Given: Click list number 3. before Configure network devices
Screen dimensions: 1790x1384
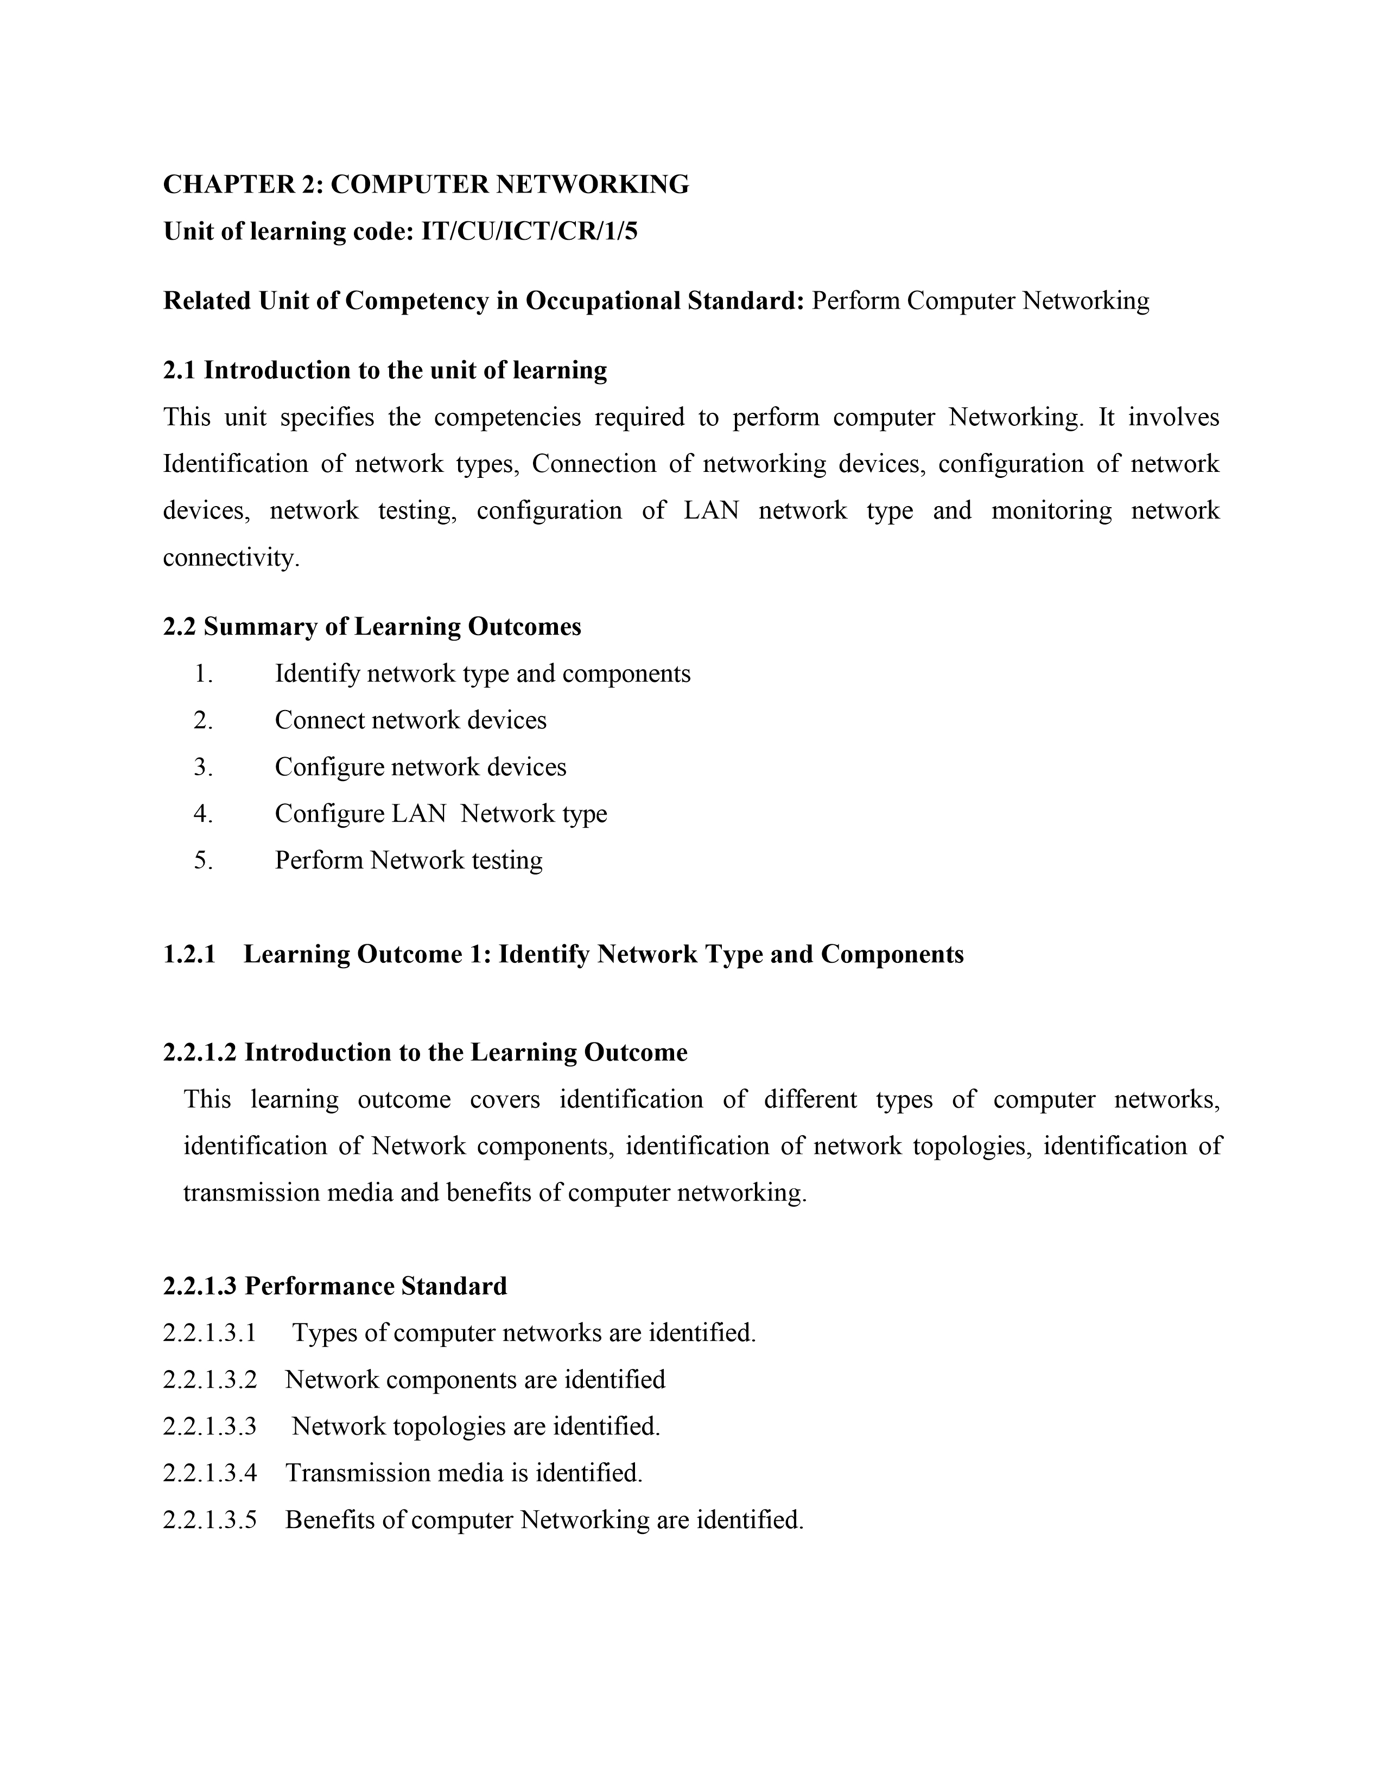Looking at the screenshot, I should [204, 767].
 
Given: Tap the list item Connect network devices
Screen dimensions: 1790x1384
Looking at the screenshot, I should [410, 720].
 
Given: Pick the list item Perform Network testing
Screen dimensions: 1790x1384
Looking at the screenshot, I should [408, 861].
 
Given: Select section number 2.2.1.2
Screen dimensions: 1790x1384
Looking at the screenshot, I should [200, 1052].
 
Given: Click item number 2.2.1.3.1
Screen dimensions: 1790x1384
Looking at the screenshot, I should [210, 1333].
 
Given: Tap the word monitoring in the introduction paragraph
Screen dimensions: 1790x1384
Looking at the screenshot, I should [1051, 510].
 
